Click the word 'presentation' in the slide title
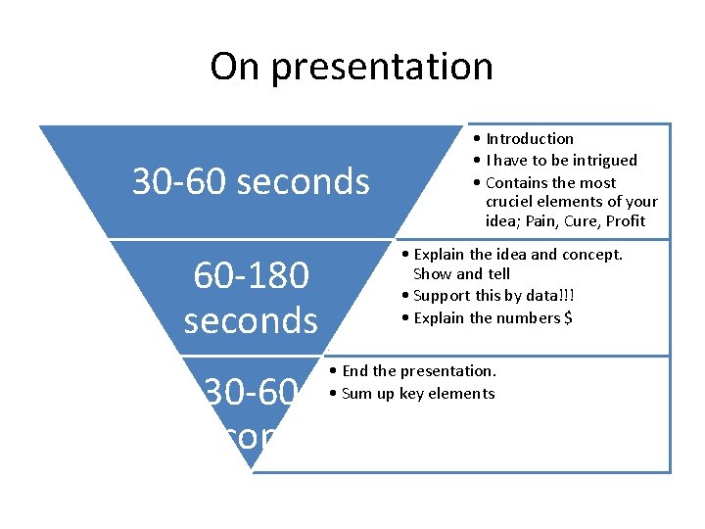(382, 68)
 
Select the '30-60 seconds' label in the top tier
(251, 181)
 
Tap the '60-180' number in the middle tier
(252, 276)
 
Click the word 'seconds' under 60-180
(251, 319)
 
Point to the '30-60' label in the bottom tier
(251, 393)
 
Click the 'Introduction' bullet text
(529, 139)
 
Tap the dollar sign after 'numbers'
(568, 317)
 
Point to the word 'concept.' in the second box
(590, 255)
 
